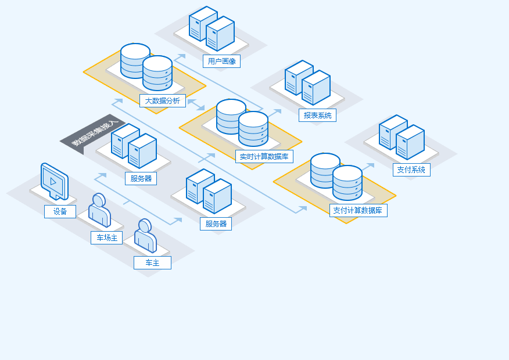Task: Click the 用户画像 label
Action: [x=222, y=62]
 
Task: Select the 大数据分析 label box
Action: [x=163, y=101]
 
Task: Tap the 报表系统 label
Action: [x=317, y=115]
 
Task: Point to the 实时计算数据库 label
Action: [x=264, y=157]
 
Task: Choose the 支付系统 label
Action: [x=411, y=170]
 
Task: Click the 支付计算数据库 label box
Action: [x=359, y=211]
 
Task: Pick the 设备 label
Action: [x=60, y=211]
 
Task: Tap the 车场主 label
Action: [x=107, y=237]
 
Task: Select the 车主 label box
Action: [x=153, y=262]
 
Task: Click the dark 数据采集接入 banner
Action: [x=93, y=134]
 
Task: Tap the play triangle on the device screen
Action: [x=53, y=182]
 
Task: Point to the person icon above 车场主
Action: [x=99, y=210]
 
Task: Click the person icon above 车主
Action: [x=145, y=236]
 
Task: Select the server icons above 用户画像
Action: [x=212, y=28]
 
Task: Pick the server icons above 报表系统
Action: [x=308, y=82]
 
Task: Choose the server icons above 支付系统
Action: [x=402, y=137]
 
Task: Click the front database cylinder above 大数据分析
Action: [x=157, y=73]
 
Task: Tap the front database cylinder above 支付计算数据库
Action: [x=347, y=183]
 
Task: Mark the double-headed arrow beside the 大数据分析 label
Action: [x=196, y=105]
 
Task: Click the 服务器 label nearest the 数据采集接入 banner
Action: [x=141, y=178]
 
